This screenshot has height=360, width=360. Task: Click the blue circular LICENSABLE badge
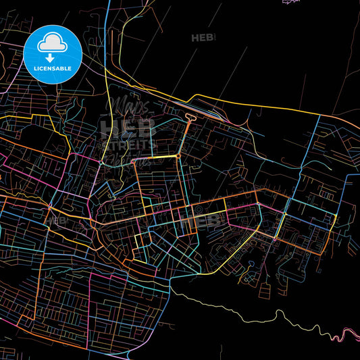pos(53,52)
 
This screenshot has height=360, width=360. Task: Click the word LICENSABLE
pos(53,68)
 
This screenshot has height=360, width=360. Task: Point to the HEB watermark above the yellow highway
pos(203,38)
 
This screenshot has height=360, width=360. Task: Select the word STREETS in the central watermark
pos(128,146)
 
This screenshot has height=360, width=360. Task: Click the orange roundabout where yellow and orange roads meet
pos(178,156)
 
